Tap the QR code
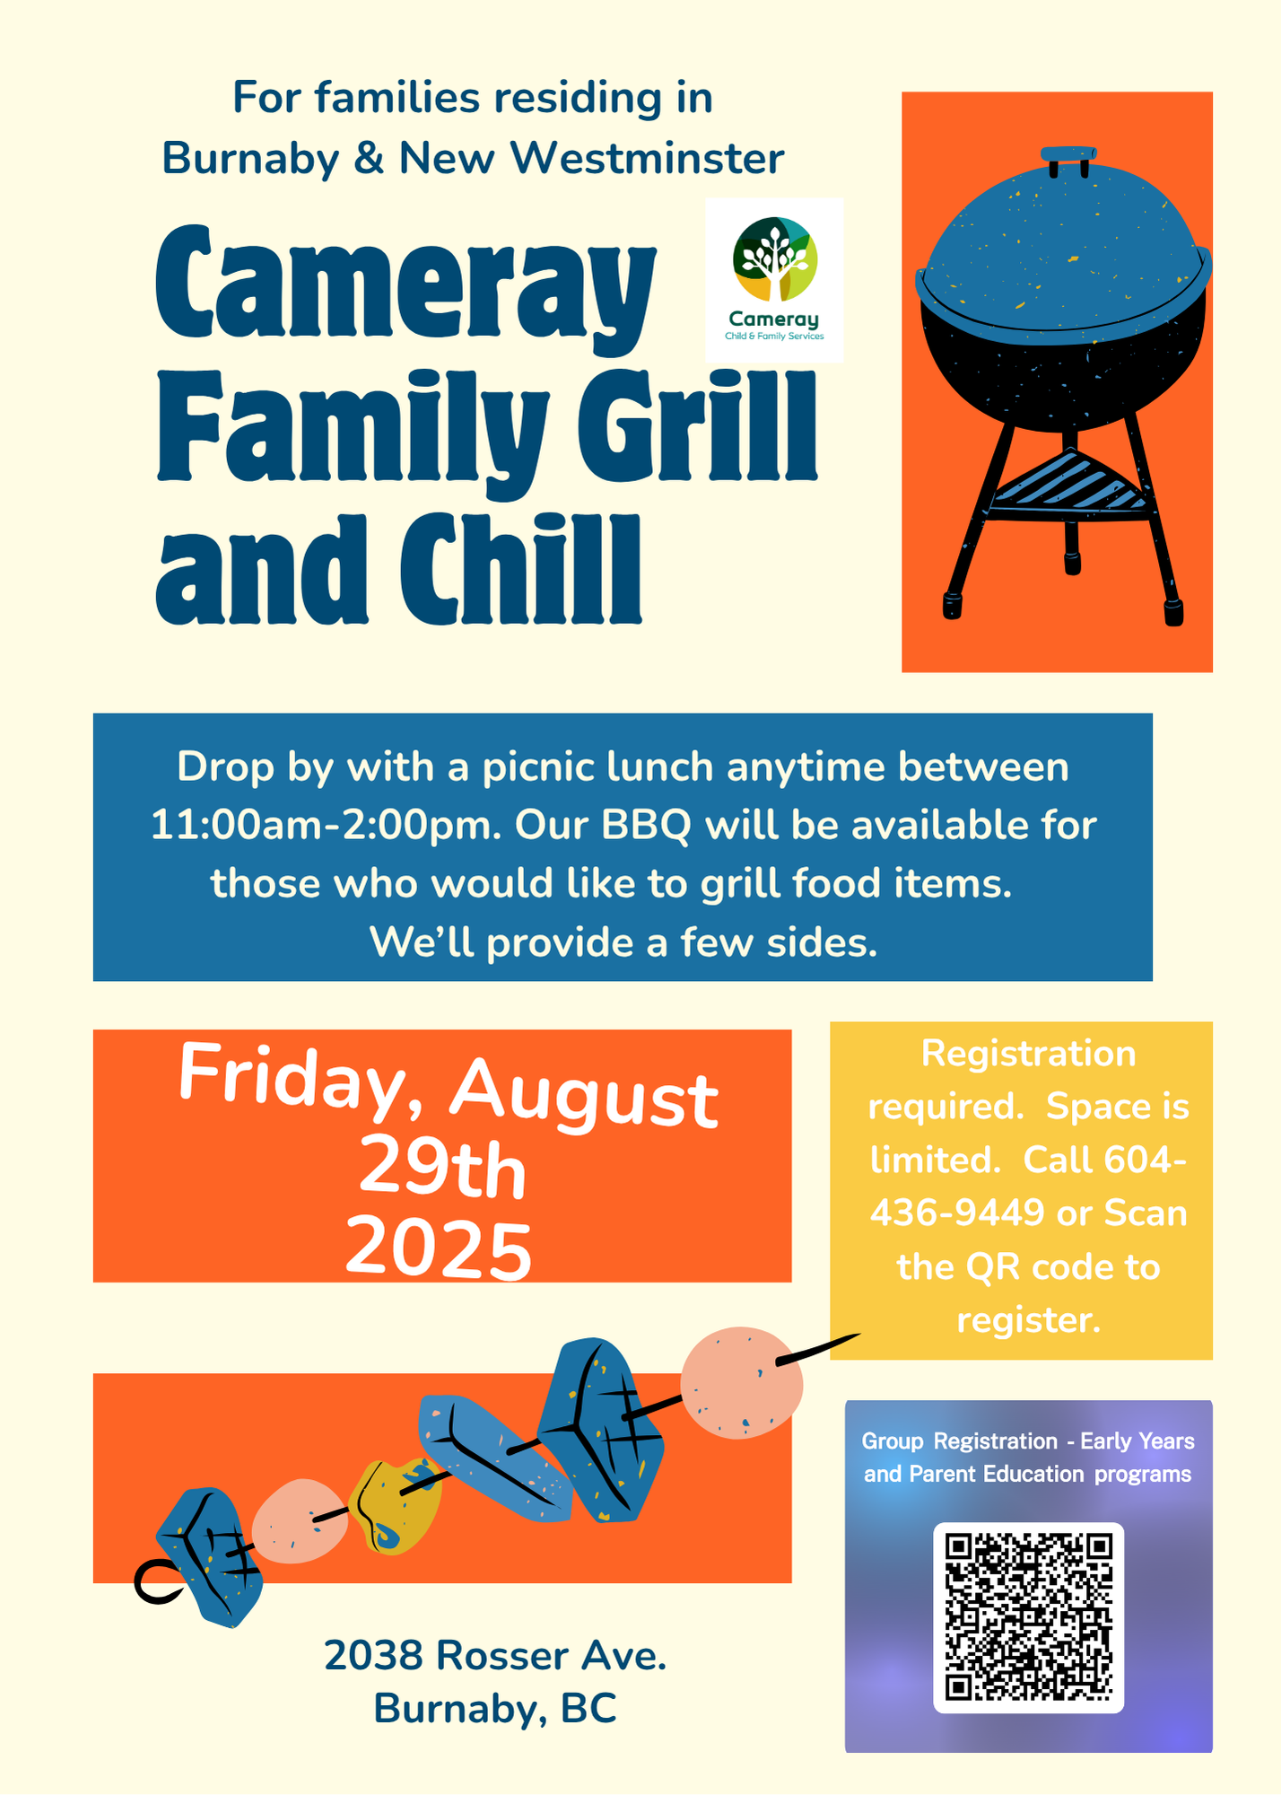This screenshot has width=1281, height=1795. (1029, 1617)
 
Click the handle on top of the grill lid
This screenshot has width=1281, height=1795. (1069, 158)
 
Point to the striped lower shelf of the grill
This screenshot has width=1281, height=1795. (1068, 484)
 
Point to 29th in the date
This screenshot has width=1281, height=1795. (442, 1169)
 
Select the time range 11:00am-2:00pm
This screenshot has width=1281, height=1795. (326, 825)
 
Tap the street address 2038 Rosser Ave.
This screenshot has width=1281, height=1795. (495, 1655)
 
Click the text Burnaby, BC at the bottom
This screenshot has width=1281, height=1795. (495, 1709)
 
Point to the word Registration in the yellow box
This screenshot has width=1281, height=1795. (1029, 1053)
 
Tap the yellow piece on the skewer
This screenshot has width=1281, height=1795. (395, 1505)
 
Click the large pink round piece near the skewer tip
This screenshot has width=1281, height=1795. (741, 1382)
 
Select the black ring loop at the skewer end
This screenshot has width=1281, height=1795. (158, 1581)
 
